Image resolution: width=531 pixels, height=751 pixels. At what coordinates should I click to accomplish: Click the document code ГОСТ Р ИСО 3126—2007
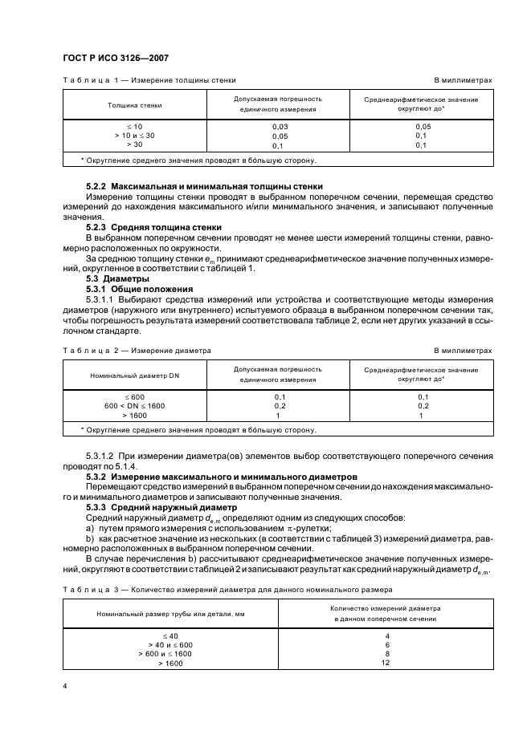click(x=116, y=57)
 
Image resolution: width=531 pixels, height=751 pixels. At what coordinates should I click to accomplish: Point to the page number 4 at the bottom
click(x=65, y=686)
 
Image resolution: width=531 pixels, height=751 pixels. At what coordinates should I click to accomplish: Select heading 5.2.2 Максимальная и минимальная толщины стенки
click(x=204, y=185)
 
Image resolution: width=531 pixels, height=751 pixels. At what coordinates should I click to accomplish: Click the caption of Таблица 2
click(x=137, y=351)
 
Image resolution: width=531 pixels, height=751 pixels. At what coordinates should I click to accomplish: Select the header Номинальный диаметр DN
click(x=134, y=375)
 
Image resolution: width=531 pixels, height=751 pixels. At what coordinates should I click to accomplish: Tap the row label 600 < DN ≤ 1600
click(x=134, y=406)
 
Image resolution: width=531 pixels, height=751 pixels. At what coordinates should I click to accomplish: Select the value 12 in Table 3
click(x=386, y=664)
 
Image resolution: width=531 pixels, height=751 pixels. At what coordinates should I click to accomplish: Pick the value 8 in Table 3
click(x=386, y=654)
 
